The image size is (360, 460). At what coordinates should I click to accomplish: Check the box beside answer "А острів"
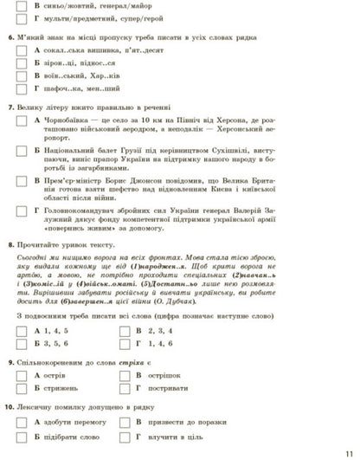[x=23, y=375]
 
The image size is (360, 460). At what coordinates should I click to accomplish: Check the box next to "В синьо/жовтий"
[x=23, y=4]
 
